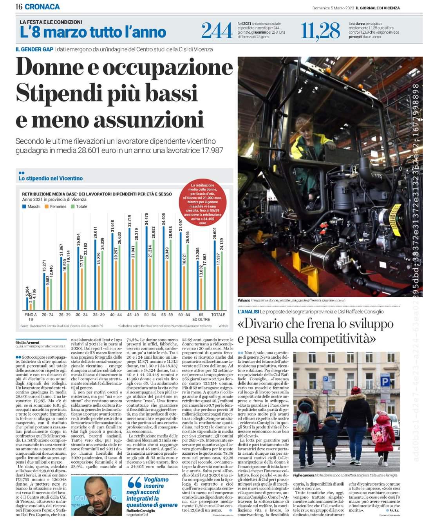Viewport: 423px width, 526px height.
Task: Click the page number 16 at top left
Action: (x=19, y=7)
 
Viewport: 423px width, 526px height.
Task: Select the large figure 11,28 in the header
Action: (x=320, y=31)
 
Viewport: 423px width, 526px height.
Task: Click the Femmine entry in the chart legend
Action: (x=57, y=206)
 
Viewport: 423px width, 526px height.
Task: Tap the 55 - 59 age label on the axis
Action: (x=167, y=315)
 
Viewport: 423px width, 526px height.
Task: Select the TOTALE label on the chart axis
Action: (x=218, y=315)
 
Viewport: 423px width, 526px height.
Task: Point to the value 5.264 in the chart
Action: (x=27, y=292)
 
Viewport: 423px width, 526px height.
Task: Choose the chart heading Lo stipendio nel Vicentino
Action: (x=51, y=178)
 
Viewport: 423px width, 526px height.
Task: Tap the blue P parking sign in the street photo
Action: (x=385, y=381)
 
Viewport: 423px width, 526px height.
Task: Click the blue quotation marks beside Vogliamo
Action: (x=134, y=483)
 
